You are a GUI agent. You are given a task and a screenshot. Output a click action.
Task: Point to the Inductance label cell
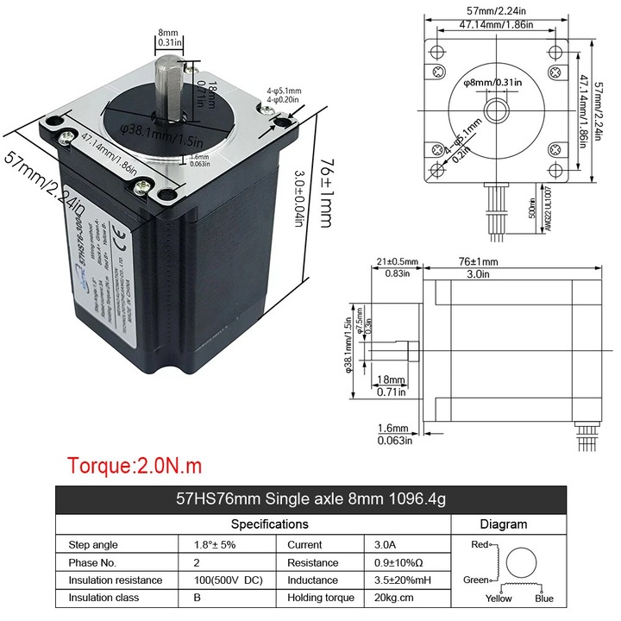(313, 580)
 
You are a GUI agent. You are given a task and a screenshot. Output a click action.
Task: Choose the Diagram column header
(503, 524)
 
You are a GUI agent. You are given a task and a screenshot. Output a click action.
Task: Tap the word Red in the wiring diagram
(480, 545)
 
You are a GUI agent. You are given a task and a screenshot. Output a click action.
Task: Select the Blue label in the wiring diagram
(543, 599)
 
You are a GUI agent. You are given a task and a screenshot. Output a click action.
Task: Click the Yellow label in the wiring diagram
(498, 599)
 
